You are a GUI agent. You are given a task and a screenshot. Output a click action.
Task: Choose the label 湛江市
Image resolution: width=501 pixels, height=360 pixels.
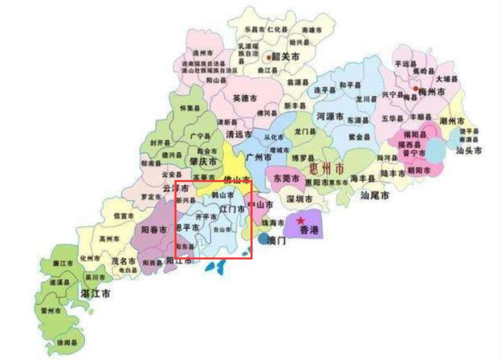click(x=96, y=294)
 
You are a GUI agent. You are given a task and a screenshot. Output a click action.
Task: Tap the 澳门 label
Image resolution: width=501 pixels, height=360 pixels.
click(x=276, y=240)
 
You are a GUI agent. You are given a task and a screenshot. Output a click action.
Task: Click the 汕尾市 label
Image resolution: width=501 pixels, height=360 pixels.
click(x=374, y=195)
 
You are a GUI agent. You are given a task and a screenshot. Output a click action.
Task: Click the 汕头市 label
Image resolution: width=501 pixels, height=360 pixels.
click(x=469, y=150)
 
